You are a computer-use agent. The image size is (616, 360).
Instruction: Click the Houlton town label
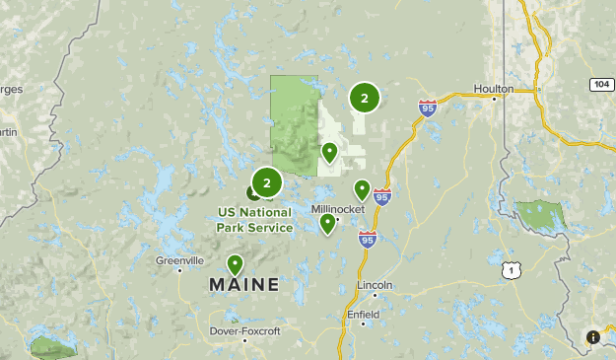(x=493, y=89)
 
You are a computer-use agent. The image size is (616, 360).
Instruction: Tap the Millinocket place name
(x=338, y=209)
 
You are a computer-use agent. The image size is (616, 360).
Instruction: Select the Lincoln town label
(x=375, y=285)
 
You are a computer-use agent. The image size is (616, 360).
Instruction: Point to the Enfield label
(x=363, y=315)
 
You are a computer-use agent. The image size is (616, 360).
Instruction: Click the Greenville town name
(x=179, y=260)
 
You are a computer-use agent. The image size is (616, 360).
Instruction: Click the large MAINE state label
(x=243, y=285)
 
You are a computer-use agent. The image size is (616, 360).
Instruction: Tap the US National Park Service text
(x=255, y=220)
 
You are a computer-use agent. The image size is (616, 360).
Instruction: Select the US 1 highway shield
(x=510, y=269)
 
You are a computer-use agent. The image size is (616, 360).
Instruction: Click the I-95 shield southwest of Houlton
(x=427, y=108)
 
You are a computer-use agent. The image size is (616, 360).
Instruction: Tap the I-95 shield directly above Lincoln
(x=368, y=239)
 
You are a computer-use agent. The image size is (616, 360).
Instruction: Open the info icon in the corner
(x=593, y=337)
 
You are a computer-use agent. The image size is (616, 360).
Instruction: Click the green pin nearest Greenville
(x=235, y=264)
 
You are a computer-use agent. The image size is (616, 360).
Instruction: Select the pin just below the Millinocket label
(x=327, y=224)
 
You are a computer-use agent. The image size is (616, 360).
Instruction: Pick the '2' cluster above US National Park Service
(x=266, y=182)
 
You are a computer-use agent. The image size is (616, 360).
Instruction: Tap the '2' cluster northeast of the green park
(x=364, y=98)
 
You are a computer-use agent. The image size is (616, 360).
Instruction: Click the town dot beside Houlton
(x=495, y=99)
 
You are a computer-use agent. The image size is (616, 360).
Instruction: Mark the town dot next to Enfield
(x=363, y=324)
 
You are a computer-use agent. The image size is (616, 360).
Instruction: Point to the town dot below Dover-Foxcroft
(x=243, y=324)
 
